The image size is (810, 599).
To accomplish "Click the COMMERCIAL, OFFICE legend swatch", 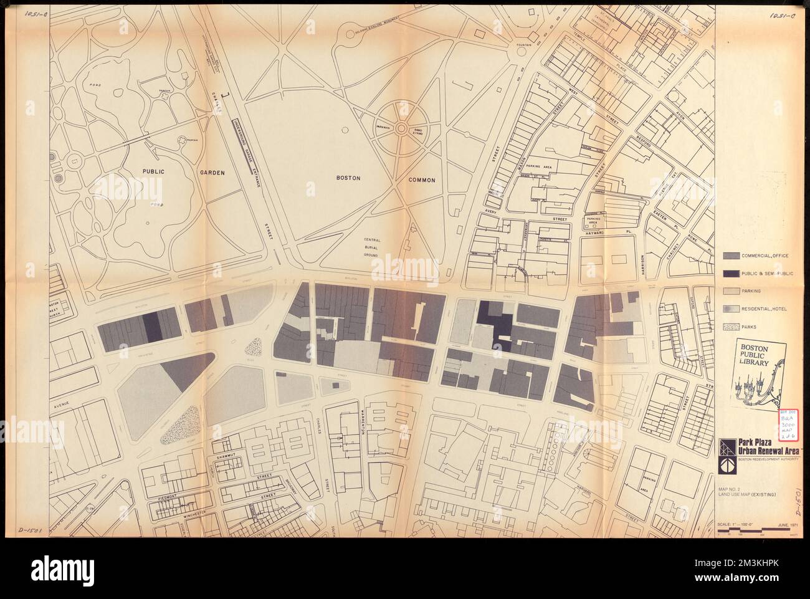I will [x=730, y=256].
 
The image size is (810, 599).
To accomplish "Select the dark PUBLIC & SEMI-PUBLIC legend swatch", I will [x=730, y=274].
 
